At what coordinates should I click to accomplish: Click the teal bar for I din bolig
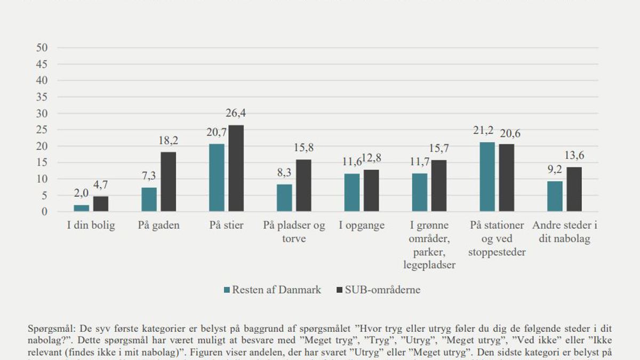[x=82, y=208]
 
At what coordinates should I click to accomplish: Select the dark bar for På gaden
[x=168, y=182]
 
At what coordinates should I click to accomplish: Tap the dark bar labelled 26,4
[x=236, y=169]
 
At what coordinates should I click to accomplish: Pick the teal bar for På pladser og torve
[x=285, y=198]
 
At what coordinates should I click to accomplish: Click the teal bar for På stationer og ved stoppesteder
[x=487, y=177]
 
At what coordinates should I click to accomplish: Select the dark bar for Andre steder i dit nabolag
[x=574, y=189]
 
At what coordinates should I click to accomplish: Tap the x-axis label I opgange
[x=362, y=225]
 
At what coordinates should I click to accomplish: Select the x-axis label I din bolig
[x=91, y=225]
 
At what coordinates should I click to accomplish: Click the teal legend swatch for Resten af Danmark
[x=227, y=290]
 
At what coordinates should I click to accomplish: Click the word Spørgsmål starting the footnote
[x=48, y=330]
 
